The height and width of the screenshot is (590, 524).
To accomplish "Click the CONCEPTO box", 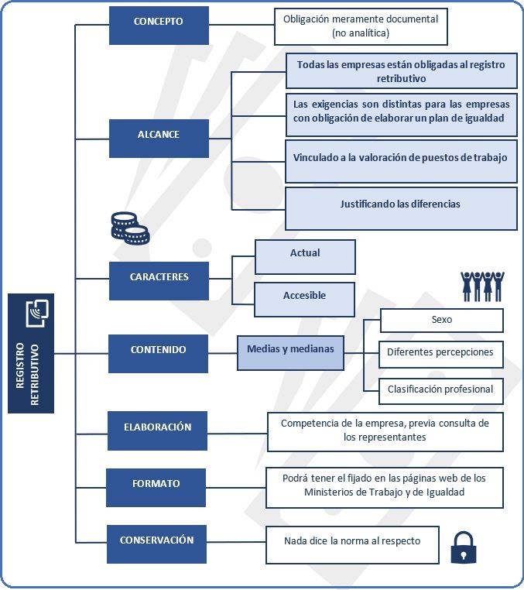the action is click(159, 26).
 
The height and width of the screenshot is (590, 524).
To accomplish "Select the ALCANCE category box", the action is click(159, 139).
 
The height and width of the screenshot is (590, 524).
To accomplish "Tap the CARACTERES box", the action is click(159, 281).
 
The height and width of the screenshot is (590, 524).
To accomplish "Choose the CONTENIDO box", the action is click(158, 354).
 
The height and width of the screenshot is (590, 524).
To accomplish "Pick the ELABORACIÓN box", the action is click(157, 430).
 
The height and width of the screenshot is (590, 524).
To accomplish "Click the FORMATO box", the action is click(156, 488).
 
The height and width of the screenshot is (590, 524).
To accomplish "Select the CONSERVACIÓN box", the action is click(156, 544).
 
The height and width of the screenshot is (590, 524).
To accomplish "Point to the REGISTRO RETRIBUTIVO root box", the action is click(31, 353).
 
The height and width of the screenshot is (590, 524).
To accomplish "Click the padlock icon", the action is click(464, 547).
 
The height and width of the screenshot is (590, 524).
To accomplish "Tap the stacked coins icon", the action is click(130, 228).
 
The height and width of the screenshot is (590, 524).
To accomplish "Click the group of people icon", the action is click(482, 286).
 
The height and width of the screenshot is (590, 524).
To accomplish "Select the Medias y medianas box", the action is click(290, 353).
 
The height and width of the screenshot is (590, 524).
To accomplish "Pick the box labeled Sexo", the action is click(442, 321).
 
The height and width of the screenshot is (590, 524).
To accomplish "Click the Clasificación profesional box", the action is click(441, 391).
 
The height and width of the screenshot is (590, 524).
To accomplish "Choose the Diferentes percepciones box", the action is click(441, 355).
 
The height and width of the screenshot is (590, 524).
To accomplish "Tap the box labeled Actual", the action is click(305, 257).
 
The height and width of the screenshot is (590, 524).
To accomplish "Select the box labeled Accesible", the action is click(304, 300).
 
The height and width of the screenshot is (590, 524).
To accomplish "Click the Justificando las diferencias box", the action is click(401, 208).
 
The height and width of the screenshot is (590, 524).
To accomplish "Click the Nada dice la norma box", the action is click(352, 545).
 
